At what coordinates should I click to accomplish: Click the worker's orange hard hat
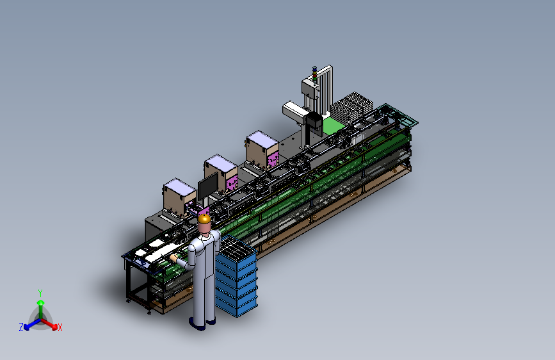pyautogui.click(x=204, y=218)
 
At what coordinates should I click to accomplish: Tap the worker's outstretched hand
pyautogui.click(x=173, y=258)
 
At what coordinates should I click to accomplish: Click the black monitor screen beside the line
pyautogui.click(x=208, y=186)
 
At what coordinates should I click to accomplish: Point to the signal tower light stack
pyautogui.click(x=314, y=74)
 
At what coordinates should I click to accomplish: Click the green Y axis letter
pyautogui.click(x=40, y=293)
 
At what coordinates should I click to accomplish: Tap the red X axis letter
pyautogui.click(x=60, y=327)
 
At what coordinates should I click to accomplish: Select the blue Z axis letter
pyautogui.click(x=21, y=327)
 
